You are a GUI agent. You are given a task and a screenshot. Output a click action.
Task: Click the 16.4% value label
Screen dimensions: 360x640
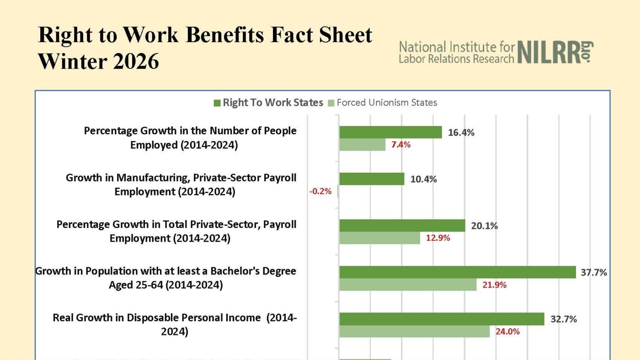pyautogui.click(x=461, y=133)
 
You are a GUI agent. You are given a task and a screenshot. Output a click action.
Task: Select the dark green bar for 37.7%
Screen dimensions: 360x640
pyautogui.click(x=457, y=272)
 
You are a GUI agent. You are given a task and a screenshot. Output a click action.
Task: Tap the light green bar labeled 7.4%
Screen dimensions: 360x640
pyautogui.click(x=362, y=145)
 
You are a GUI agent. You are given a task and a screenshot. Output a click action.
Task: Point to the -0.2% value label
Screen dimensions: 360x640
pyautogui.click(x=320, y=191)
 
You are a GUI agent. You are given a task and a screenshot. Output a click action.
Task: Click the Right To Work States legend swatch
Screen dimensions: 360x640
pyautogui.click(x=217, y=103)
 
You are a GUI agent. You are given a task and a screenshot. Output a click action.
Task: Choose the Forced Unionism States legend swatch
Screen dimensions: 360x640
pyautogui.click(x=331, y=103)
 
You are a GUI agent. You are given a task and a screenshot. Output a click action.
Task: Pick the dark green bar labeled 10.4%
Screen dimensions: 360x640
pyautogui.click(x=372, y=179)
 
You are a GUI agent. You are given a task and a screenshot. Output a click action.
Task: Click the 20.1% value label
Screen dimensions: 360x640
pyautogui.click(x=485, y=226)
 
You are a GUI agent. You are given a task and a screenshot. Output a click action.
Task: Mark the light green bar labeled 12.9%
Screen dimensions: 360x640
pyautogui.click(x=379, y=238)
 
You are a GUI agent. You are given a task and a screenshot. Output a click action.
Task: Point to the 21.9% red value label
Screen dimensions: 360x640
pyautogui.click(x=495, y=285)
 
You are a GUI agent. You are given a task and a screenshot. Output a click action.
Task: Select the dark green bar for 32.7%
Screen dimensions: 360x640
pyautogui.click(x=442, y=319)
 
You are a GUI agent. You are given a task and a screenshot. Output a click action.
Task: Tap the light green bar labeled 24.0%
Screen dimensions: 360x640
pyautogui.click(x=414, y=331)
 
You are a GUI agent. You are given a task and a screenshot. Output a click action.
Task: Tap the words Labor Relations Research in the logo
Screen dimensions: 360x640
pyautogui.click(x=457, y=58)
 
